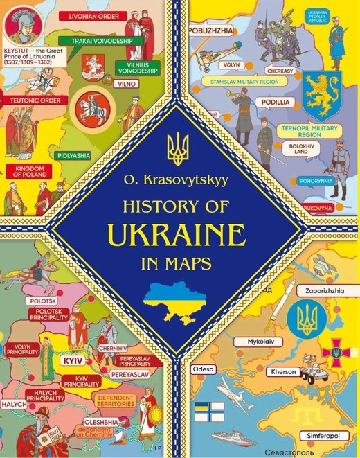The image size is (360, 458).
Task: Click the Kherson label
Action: tap(284, 372)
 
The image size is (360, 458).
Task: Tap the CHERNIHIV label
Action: tap(111, 347)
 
